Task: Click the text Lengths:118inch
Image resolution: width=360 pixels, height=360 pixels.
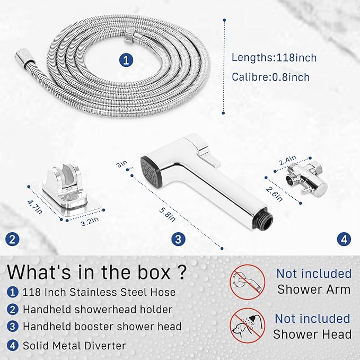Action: [x=274, y=57]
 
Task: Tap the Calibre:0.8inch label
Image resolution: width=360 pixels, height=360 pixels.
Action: [x=270, y=77]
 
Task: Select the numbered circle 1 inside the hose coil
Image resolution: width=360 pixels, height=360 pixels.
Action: [x=125, y=60]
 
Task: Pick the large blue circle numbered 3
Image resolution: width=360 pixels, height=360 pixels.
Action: [x=178, y=239]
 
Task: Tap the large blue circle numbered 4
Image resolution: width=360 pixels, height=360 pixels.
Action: [x=345, y=239]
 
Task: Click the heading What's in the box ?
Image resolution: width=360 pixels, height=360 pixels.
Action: [x=97, y=273]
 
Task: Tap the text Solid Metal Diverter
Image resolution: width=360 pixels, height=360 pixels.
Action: [x=74, y=346]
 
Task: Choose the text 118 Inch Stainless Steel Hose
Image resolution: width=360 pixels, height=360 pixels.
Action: [x=99, y=292]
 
